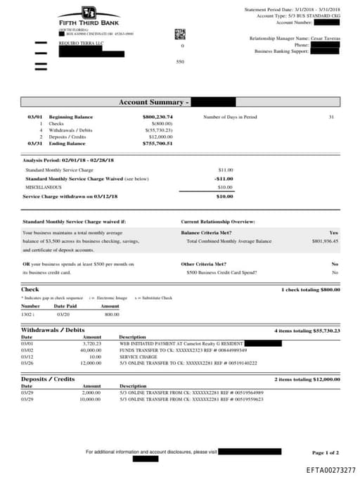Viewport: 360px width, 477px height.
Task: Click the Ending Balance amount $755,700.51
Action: (157, 143)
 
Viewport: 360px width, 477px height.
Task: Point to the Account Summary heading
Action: (143, 102)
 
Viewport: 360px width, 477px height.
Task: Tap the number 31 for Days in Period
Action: (331, 117)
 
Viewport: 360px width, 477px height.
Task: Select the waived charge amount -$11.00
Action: (224, 178)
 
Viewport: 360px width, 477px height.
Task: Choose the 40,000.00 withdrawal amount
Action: (91, 350)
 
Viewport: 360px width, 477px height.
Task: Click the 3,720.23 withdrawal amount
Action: (93, 343)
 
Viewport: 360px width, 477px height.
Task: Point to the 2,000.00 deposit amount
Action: (92, 393)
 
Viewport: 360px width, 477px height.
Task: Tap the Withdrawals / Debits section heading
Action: (53, 330)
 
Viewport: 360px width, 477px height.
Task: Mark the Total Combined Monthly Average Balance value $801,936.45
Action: (325, 241)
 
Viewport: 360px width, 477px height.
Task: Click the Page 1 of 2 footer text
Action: (326, 452)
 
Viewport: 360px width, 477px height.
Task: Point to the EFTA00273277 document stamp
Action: (330, 469)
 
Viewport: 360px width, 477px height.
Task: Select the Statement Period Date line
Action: (292, 10)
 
